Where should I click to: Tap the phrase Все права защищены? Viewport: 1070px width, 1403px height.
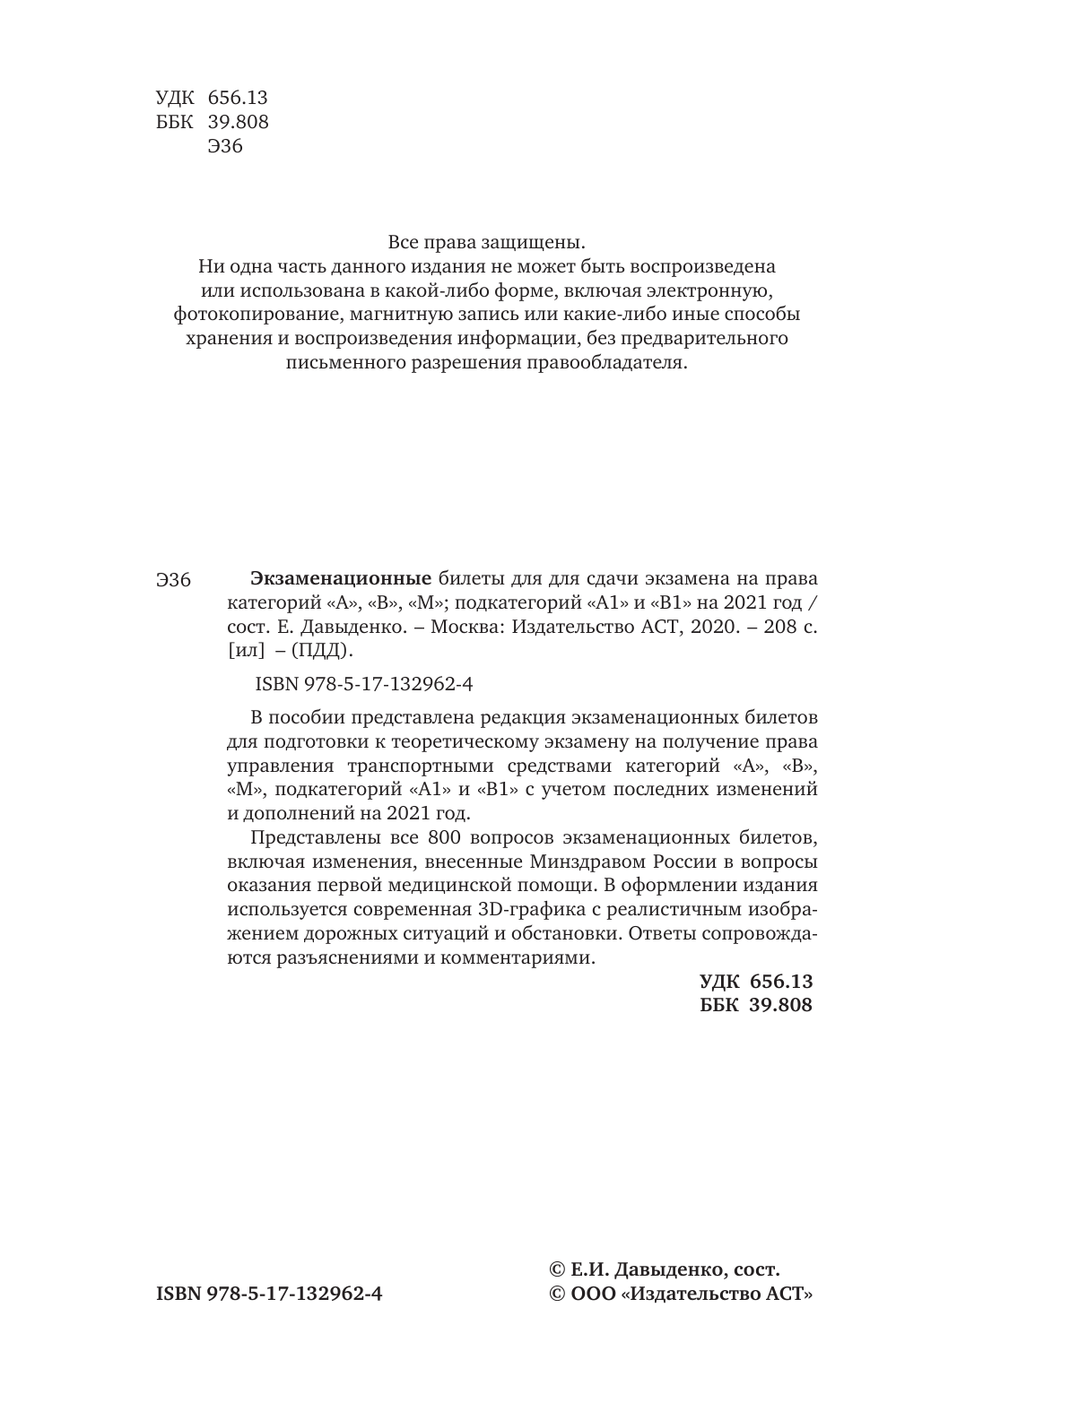click(486, 242)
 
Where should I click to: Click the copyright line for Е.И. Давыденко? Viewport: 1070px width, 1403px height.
click(664, 1269)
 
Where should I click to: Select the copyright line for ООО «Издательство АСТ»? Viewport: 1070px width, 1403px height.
click(681, 1295)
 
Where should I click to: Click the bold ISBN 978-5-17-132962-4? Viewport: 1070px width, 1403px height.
click(269, 1295)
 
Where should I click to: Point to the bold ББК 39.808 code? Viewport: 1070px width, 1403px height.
click(755, 1005)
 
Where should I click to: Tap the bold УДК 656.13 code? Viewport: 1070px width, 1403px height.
click(755, 982)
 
